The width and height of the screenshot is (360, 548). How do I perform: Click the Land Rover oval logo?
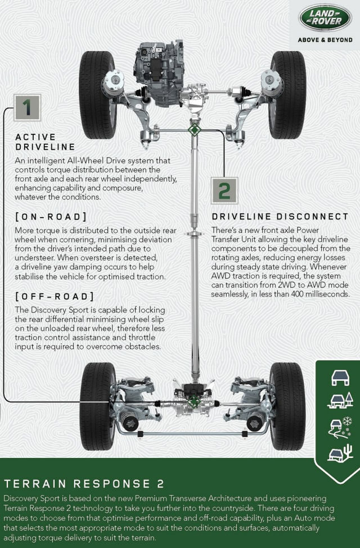click(x=325, y=17)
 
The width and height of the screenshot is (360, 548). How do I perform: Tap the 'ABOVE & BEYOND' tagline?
click(x=325, y=40)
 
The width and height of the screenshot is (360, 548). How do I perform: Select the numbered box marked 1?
click(x=27, y=107)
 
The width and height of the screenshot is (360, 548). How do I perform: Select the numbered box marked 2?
click(x=224, y=191)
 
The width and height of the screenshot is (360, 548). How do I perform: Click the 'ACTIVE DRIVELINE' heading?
click(x=46, y=142)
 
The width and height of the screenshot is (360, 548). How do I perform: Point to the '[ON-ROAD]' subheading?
click(x=51, y=217)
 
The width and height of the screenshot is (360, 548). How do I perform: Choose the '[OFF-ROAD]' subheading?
click(x=55, y=297)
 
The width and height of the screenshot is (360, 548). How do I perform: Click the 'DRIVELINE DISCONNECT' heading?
click(x=280, y=217)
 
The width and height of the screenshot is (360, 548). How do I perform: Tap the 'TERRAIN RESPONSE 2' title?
click(x=84, y=484)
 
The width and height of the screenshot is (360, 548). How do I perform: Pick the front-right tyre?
click(x=288, y=95)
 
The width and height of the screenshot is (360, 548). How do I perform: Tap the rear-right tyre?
click(x=288, y=406)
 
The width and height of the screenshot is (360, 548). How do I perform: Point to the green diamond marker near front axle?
click(x=194, y=130)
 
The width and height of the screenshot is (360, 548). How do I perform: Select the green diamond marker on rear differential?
click(x=193, y=402)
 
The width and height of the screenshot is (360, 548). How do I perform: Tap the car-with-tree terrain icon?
click(x=340, y=400)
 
